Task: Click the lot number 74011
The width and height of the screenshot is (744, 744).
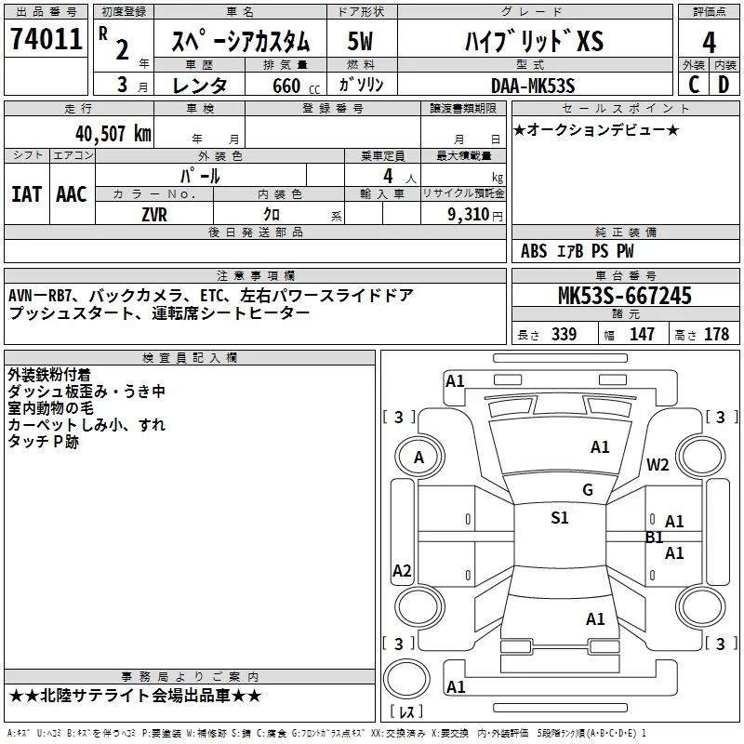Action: pyautogui.click(x=46, y=40)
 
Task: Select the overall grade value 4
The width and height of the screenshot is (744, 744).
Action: pyautogui.click(x=710, y=42)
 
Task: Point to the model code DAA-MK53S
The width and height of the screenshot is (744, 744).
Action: pyautogui.click(x=533, y=86)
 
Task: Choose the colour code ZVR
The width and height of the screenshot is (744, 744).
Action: pyautogui.click(x=155, y=214)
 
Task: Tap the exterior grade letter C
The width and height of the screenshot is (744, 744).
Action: pyautogui.click(x=693, y=86)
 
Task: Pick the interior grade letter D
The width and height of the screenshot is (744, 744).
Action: pyautogui.click(x=724, y=86)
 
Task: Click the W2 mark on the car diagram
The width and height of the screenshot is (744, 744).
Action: pyautogui.click(x=658, y=465)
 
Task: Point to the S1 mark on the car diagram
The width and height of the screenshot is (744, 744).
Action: pyautogui.click(x=560, y=518)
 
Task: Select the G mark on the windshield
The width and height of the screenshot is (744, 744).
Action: pyautogui.click(x=587, y=490)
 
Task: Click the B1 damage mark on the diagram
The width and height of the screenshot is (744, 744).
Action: pyautogui.click(x=655, y=537)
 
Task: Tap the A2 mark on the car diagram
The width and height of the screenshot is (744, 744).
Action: pyautogui.click(x=402, y=571)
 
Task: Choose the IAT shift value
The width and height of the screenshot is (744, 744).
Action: pyautogui.click(x=26, y=194)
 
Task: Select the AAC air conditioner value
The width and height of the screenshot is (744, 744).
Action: pyautogui.click(x=72, y=194)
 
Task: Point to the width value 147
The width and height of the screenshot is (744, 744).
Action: pyautogui.click(x=642, y=335)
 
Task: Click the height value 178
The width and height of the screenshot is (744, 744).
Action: pyautogui.click(x=717, y=335)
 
